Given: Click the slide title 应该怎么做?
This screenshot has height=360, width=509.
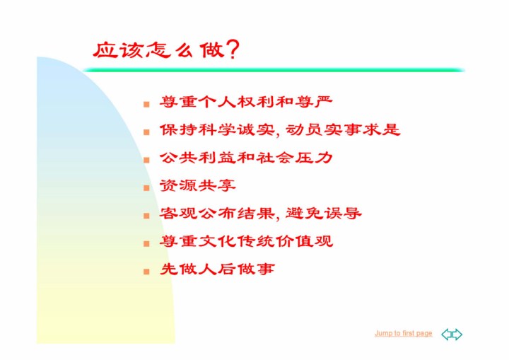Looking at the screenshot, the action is tap(166, 50).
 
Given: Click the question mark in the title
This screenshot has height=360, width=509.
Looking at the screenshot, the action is tap(233, 50).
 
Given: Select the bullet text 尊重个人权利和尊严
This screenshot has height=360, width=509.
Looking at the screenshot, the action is tap(246, 102).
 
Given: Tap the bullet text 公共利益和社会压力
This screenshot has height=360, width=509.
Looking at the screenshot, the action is tap(246, 158).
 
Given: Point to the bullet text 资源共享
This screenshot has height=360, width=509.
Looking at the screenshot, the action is tap(197, 185).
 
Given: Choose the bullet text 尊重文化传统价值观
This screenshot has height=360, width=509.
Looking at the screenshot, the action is tap(246, 241).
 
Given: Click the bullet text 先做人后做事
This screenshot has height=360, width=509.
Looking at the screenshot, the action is tap(217, 269).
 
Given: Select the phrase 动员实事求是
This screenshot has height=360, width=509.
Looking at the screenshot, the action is tap(343, 130).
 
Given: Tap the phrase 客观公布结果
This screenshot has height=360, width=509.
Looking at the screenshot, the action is tap(217, 214).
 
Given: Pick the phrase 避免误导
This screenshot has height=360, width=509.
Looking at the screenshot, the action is tap(324, 214).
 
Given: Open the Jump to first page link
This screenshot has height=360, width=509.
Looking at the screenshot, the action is tap(404, 333).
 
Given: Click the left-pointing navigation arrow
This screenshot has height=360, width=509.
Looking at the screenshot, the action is tap(447, 335).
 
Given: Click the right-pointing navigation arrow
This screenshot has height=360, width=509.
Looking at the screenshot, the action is tap(457, 335).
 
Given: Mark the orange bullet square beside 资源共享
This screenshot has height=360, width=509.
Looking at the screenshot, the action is tap(146, 188).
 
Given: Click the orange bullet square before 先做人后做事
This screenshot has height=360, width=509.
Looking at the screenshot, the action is tap(146, 272).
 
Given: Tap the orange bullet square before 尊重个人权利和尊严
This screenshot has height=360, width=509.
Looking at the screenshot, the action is tap(146, 104).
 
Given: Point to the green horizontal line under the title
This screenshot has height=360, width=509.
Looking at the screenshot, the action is tap(274, 70).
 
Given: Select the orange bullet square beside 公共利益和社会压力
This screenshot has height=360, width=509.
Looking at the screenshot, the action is tap(146, 160).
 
